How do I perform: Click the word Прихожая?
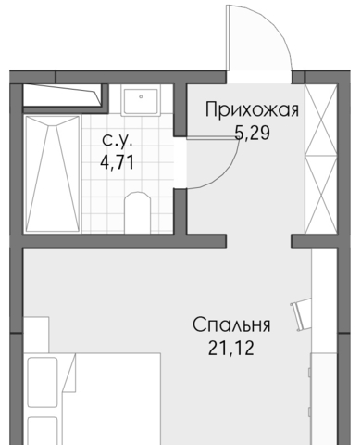(x=252, y=109)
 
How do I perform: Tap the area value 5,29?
(x=252, y=133)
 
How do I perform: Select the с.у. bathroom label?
(x=118, y=140)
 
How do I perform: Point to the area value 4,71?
(x=118, y=162)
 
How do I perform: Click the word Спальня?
(x=231, y=324)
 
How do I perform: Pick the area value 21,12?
(x=231, y=348)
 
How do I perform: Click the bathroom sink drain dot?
(x=141, y=96)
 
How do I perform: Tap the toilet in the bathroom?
(x=137, y=212)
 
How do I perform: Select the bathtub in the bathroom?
(x=53, y=173)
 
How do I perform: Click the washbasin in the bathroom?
(x=141, y=101)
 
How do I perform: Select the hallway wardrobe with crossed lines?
(x=321, y=159)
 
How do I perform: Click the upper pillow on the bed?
(x=43, y=382)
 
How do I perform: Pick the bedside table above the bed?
(x=36, y=335)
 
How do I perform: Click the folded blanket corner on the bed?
(x=69, y=374)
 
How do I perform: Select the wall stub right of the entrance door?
(x=298, y=77)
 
